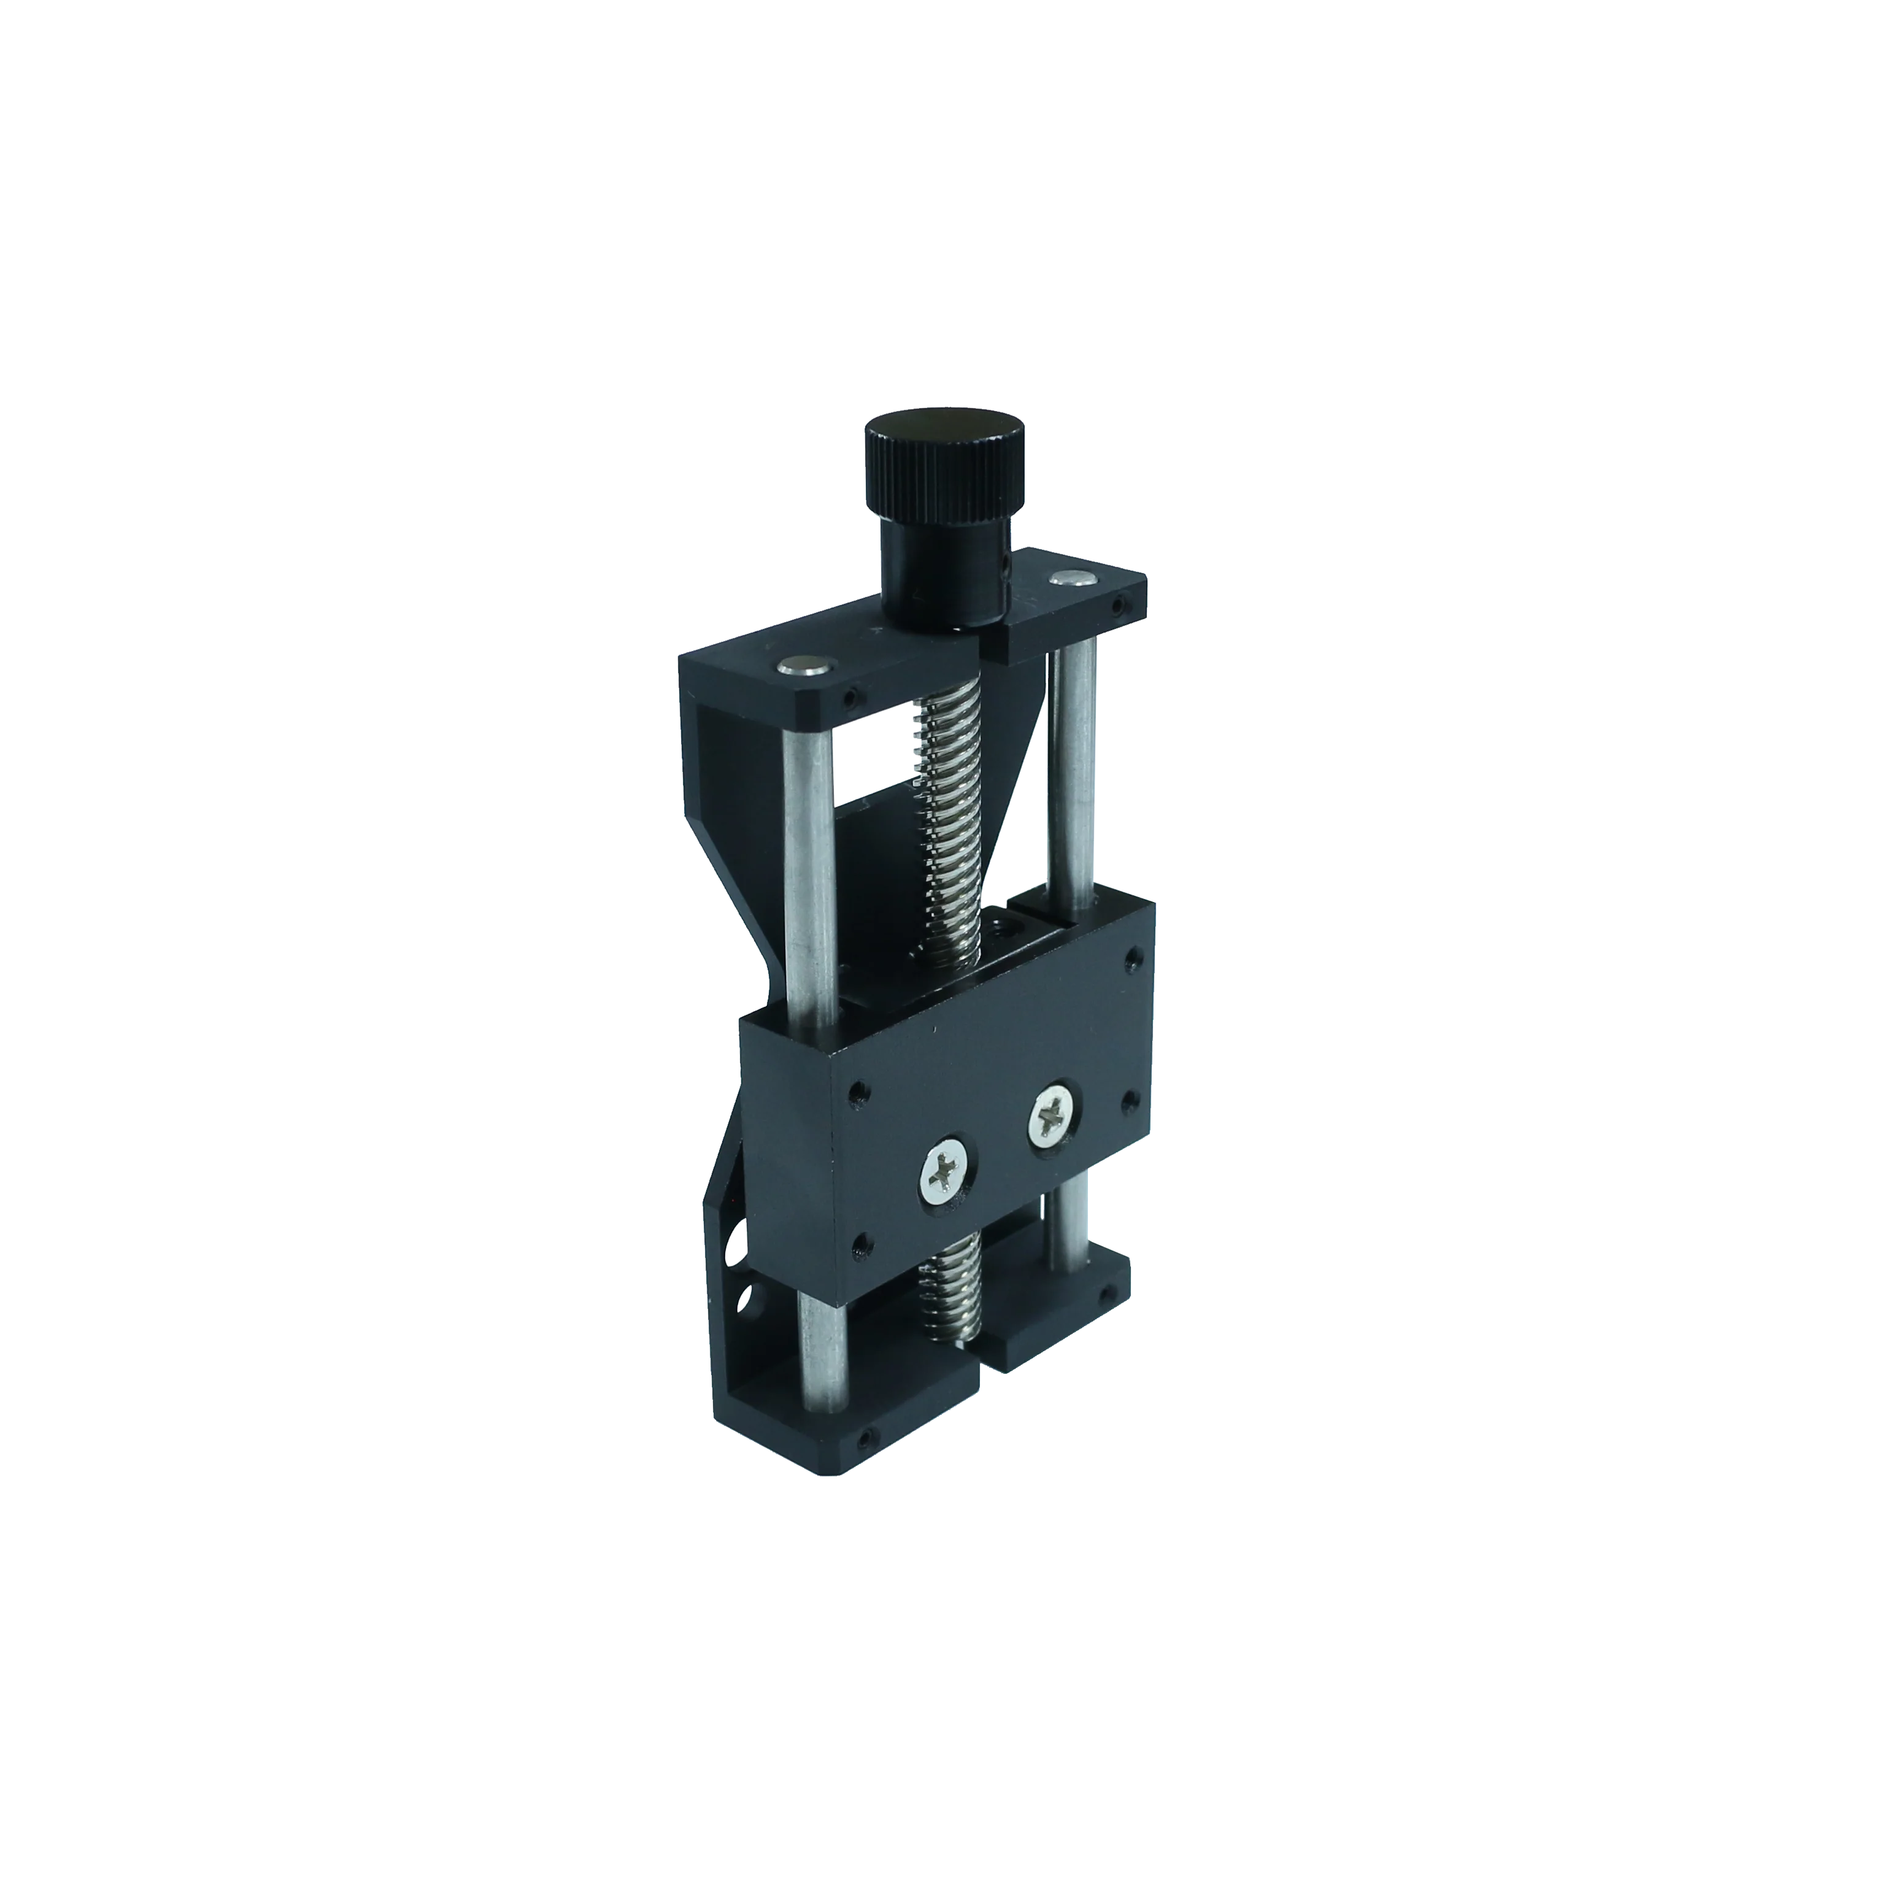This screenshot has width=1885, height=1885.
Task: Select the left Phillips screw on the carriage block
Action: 946,1178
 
